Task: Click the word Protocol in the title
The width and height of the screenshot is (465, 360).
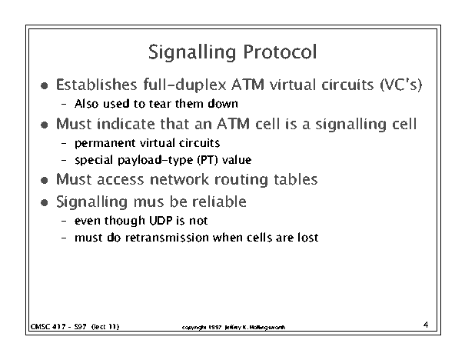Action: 280,52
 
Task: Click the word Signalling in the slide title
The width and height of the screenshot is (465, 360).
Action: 192,53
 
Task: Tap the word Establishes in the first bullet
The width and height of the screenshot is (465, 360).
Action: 97,85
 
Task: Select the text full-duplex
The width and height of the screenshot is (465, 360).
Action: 184,85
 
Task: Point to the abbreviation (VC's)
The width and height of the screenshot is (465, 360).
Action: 401,85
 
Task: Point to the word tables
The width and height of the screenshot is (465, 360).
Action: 296,179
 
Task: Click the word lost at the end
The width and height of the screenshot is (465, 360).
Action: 308,238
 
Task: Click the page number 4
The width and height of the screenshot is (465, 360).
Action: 426,325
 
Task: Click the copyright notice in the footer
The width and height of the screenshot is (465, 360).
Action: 234,328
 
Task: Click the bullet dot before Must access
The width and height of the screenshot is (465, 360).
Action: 45,180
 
